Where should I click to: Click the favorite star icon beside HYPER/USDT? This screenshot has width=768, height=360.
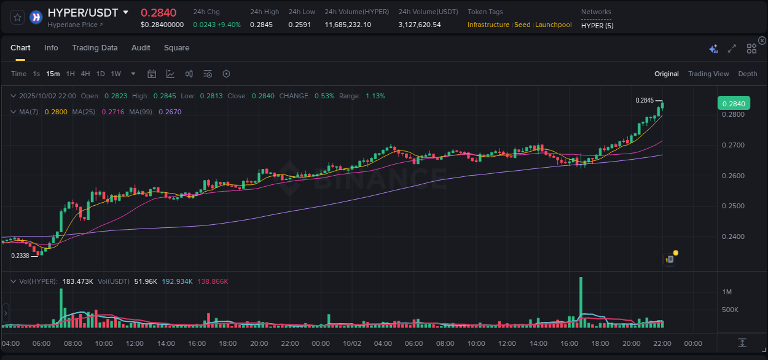(x=17, y=17)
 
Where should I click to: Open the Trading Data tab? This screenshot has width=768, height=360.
(x=95, y=48)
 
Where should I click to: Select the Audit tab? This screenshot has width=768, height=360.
(x=141, y=48)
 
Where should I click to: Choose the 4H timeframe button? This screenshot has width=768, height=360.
(x=85, y=74)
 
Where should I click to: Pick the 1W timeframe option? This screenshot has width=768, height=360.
(x=116, y=74)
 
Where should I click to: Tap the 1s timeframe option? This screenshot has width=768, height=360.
(x=36, y=74)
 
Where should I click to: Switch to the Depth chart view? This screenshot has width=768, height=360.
(x=747, y=74)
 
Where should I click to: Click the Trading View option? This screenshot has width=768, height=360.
(x=708, y=74)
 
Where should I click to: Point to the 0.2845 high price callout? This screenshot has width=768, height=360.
(x=645, y=100)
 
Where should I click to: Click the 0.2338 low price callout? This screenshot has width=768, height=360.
(x=20, y=256)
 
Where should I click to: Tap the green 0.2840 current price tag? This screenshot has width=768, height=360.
(x=733, y=104)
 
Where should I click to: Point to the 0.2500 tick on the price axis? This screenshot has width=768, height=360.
(x=733, y=206)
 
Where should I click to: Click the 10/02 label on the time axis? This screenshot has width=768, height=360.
(x=352, y=343)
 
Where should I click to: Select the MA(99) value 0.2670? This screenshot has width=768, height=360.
(x=170, y=112)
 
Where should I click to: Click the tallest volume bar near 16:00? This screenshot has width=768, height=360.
(x=580, y=301)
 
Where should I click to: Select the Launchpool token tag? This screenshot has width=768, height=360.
(x=553, y=25)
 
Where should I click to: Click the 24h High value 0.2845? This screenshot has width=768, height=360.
(x=261, y=25)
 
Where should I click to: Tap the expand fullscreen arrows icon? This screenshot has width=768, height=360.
(x=732, y=49)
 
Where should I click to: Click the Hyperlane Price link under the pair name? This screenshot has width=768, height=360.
(x=75, y=25)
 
